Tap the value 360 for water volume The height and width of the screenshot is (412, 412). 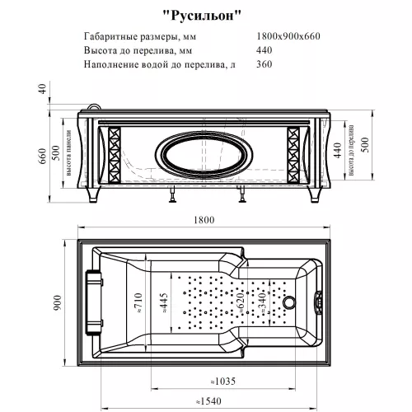265,63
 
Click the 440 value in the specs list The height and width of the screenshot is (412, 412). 265,50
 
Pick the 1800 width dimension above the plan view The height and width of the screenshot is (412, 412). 204,219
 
